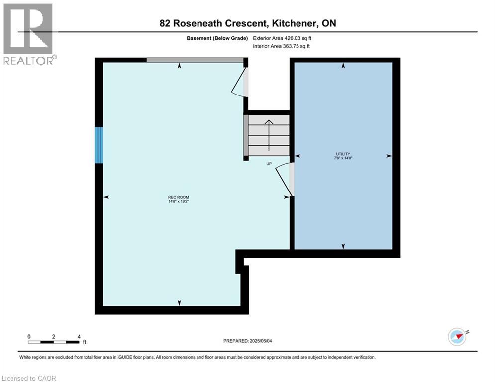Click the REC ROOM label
pos(179,197)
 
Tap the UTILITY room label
pos(343,154)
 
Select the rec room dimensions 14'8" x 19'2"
pos(179,202)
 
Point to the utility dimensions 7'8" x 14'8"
pos(343,158)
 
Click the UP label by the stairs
pos(269,163)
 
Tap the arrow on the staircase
pos(269,134)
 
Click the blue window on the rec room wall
pos(99,145)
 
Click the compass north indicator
pos(457,336)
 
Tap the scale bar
pos(54,342)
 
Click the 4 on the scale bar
pos(79,336)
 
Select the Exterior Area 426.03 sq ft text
pos(283,38)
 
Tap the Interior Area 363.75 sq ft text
pos(282,46)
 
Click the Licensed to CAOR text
pos(29,378)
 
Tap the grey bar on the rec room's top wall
pos(195,60)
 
